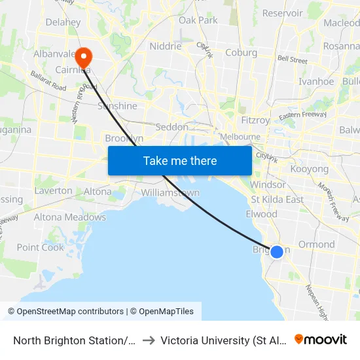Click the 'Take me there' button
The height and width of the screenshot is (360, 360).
[x=180, y=160]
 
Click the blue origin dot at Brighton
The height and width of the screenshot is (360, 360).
[x=277, y=251]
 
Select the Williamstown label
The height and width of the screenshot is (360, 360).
[x=170, y=193]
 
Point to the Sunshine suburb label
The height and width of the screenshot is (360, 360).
[x=117, y=106]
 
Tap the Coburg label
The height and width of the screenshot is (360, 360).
[x=241, y=53]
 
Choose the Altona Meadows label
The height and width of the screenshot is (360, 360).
[x=69, y=217]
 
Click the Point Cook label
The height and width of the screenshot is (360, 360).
[x=41, y=247]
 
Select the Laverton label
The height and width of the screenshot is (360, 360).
[x=54, y=190]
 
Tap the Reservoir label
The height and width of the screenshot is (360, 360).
[x=282, y=13]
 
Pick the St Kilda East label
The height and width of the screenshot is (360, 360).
[x=278, y=200]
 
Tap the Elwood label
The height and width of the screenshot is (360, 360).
[x=261, y=214]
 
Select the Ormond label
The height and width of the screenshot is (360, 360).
[x=316, y=244]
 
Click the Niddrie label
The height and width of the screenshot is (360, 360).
[x=166, y=46]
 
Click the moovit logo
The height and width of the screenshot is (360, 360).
[x=321, y=339]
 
